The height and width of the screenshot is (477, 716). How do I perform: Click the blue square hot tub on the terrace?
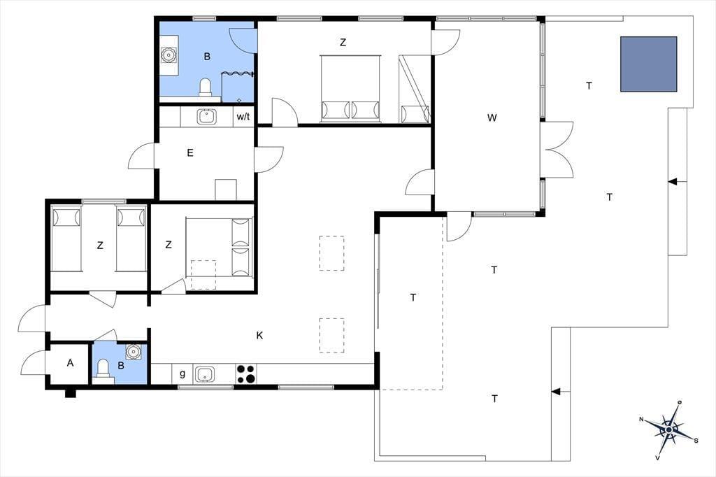coord(648,64)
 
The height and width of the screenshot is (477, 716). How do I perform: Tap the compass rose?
coord(669,430)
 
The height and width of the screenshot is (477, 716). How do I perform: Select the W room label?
coord(492,118)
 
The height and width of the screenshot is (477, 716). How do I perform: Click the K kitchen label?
coord(259,336)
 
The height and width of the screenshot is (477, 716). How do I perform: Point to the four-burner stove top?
coord(246,373)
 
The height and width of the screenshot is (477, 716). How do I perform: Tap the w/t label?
coord(243,117)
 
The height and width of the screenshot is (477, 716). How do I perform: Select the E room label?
coord(190,153)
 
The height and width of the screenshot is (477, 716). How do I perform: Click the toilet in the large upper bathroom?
coord(206,87)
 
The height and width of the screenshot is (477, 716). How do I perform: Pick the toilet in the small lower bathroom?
coord(103,369)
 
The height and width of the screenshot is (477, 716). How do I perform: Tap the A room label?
coord(70,363)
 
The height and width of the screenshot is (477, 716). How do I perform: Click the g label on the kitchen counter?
coord(182,373)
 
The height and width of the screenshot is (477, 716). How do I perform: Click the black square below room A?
coord(70,393)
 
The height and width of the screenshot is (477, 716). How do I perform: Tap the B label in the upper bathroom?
coord(207,57)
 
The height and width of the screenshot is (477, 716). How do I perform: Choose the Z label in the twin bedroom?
coord(100,245)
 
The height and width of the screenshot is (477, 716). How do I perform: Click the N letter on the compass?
coord(641,420)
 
